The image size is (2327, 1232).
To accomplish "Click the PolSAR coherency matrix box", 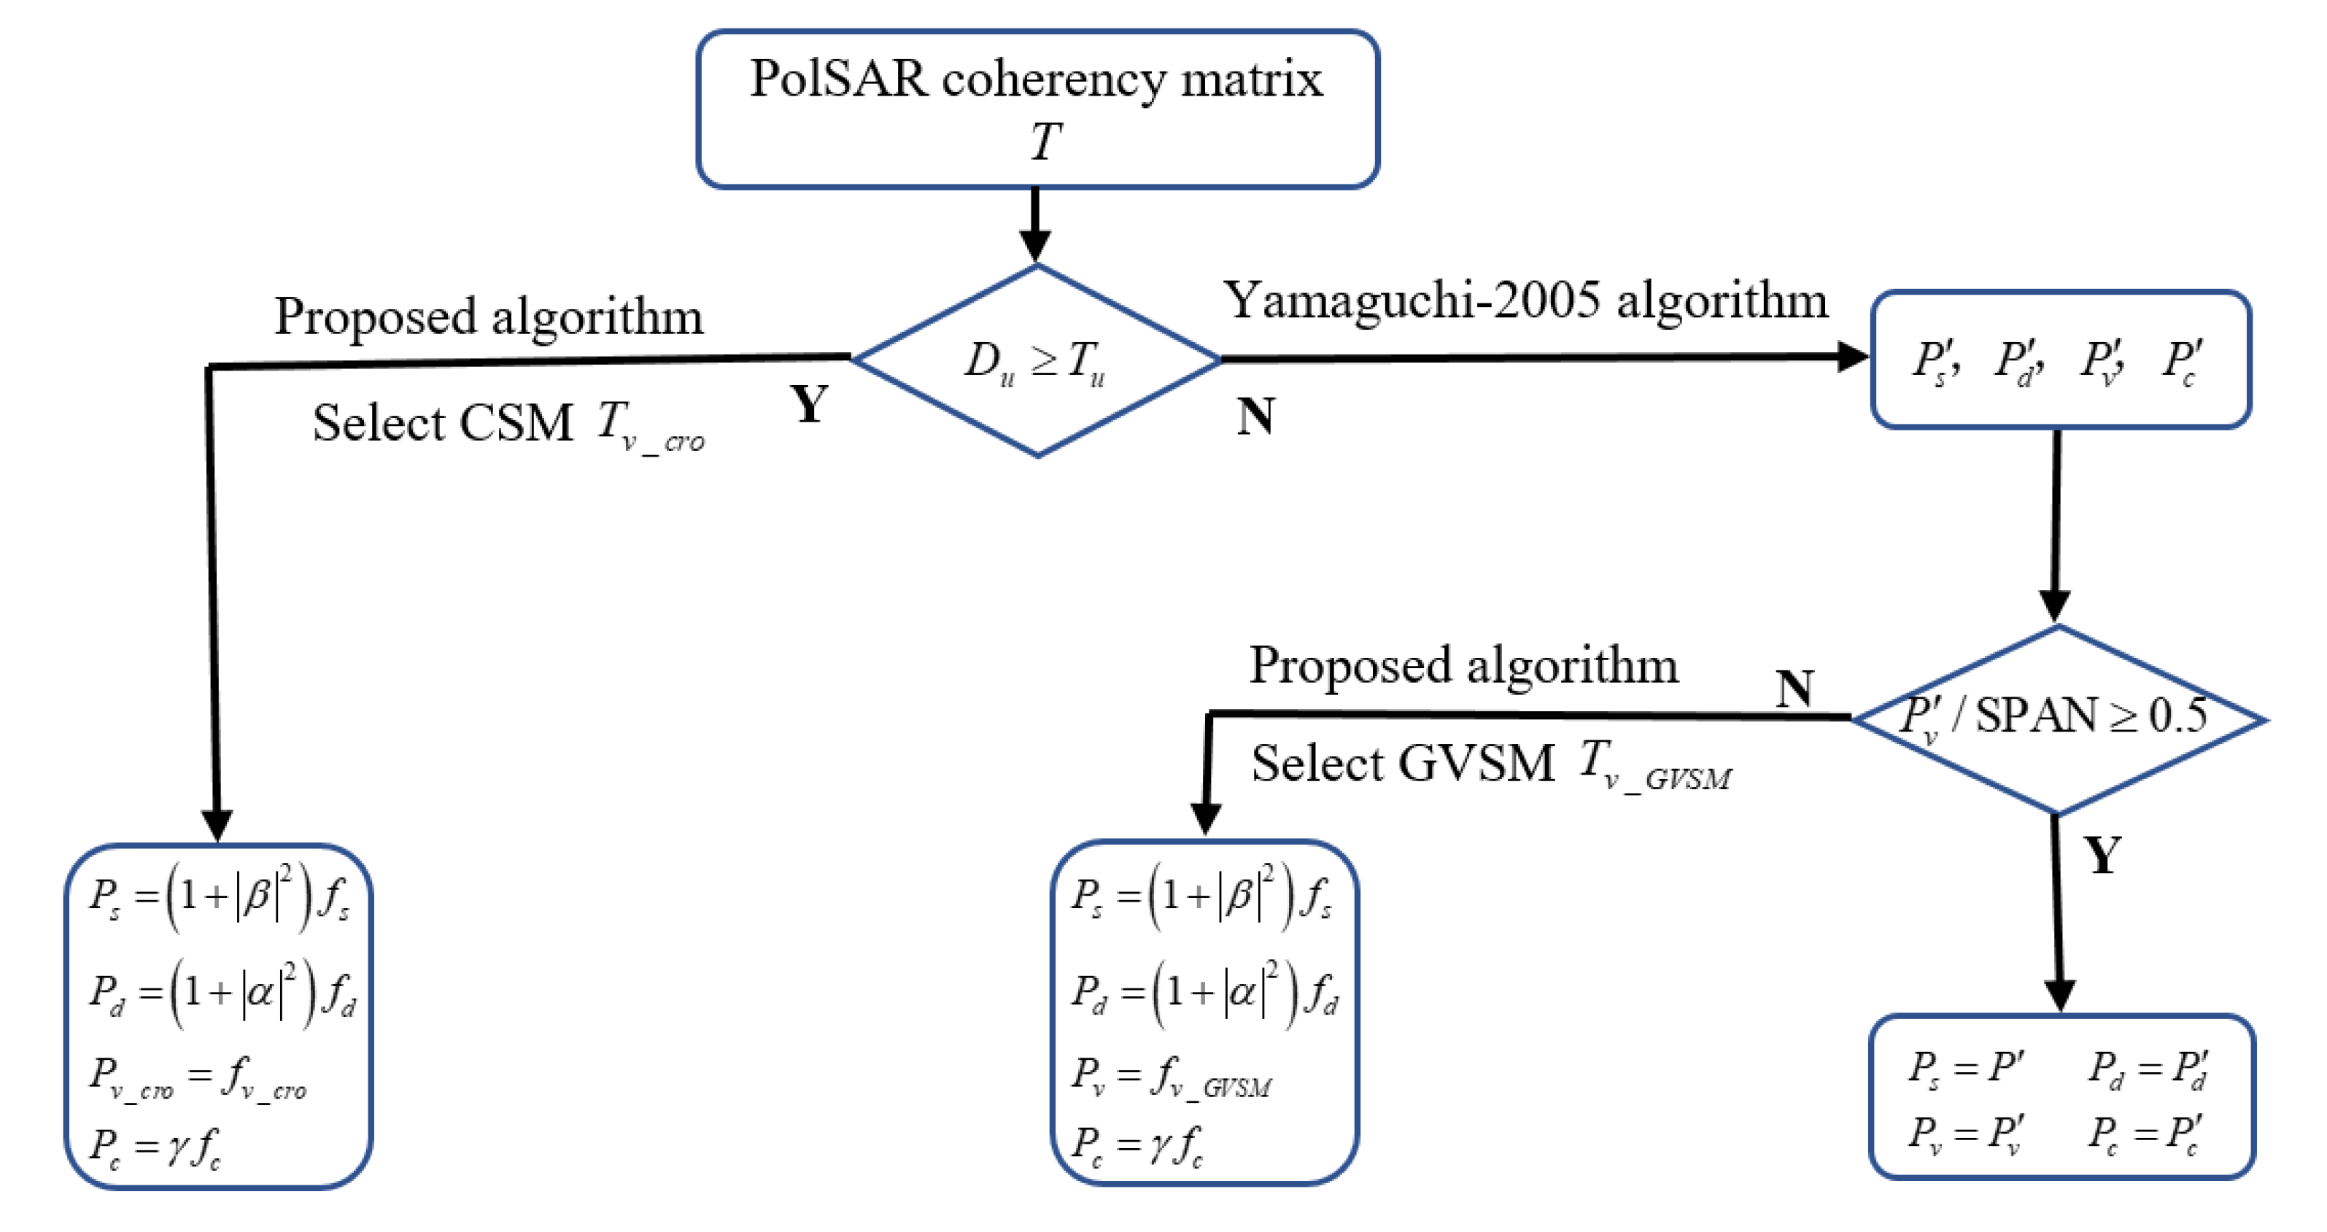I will [1037, 109].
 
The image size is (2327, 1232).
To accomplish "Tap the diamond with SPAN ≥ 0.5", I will [2057, 718].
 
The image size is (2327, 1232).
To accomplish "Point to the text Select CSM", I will [443, 423].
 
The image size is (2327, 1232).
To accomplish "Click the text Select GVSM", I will [1402, 763].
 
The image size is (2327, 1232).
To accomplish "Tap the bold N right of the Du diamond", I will [1255, 417].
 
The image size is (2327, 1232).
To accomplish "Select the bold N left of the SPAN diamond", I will [1794, 689].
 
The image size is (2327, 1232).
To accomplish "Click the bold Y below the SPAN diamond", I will [2103, 853].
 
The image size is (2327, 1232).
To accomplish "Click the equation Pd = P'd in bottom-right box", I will [2148, 1069].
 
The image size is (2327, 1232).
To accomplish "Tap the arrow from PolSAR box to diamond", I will [1035, 226].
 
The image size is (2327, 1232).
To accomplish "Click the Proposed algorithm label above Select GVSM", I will [1463, 666].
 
